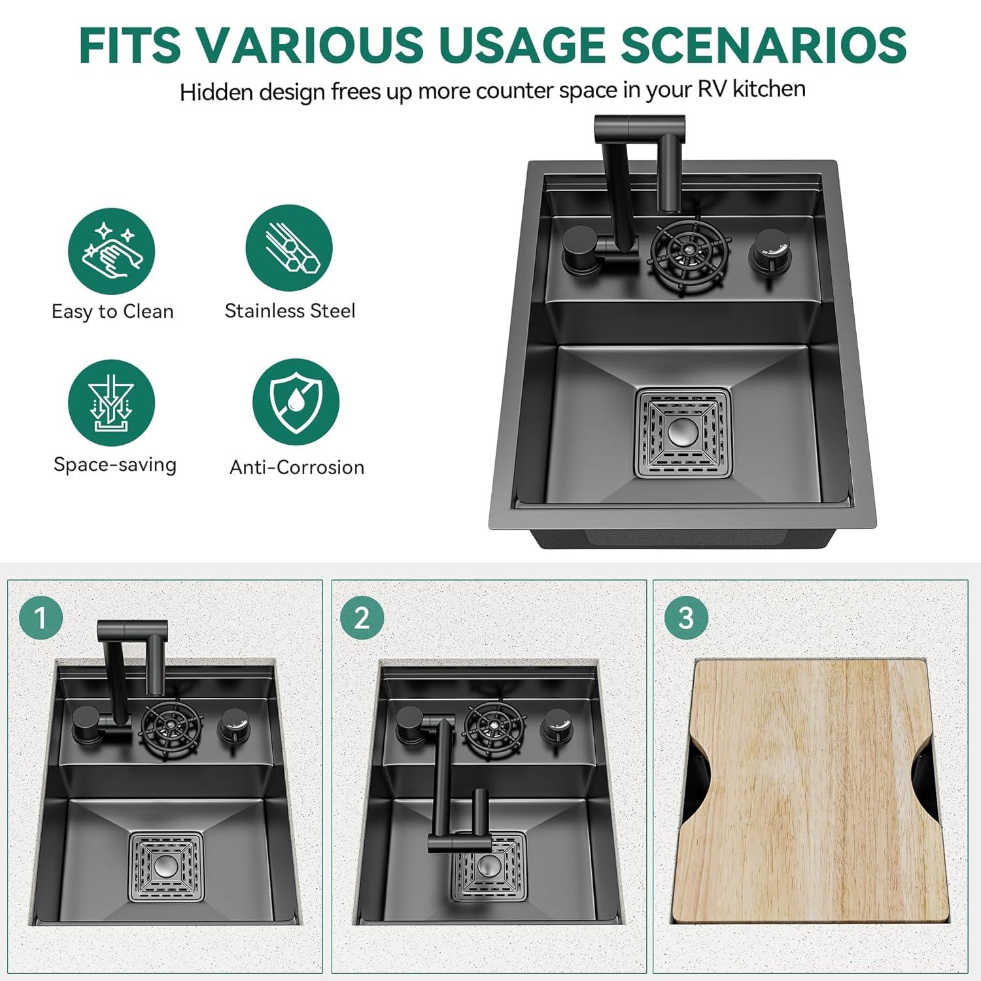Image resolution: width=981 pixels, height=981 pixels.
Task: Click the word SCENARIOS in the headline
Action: tap(763, 45)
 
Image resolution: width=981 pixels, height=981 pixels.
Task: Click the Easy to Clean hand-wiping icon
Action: tap(112, 251)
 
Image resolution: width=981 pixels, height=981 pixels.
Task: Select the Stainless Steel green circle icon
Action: tap(289, 248)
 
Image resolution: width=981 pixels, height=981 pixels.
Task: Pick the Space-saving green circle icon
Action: tap(112, 403)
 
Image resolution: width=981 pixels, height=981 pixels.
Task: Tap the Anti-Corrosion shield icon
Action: tap(296, 402)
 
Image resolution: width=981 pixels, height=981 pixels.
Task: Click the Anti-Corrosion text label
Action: tap(297, 467)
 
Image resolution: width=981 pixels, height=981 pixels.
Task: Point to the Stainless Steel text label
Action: tap(290, 311)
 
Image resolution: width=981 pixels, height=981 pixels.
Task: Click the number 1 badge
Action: tap(41, 618)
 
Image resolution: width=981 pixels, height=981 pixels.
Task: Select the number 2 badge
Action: tap(362, 618)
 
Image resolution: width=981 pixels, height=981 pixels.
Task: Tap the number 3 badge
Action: tap(686, 618)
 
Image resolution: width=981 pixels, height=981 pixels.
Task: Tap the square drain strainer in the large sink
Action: tap(683, 432)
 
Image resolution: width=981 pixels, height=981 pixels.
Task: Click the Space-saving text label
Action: tap(115, 464)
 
